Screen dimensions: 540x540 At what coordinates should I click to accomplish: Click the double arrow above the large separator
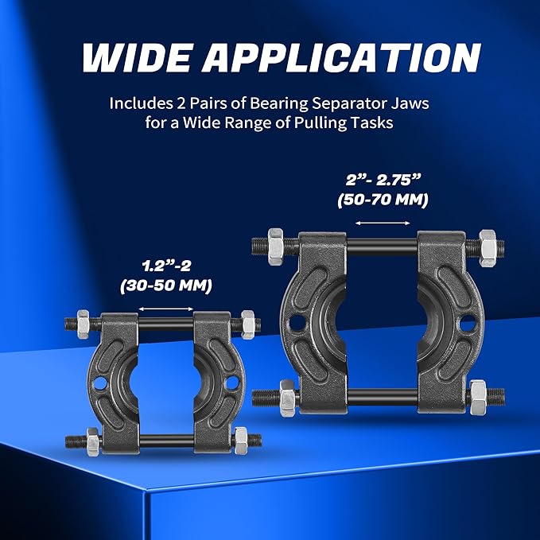tap(377, 224)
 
